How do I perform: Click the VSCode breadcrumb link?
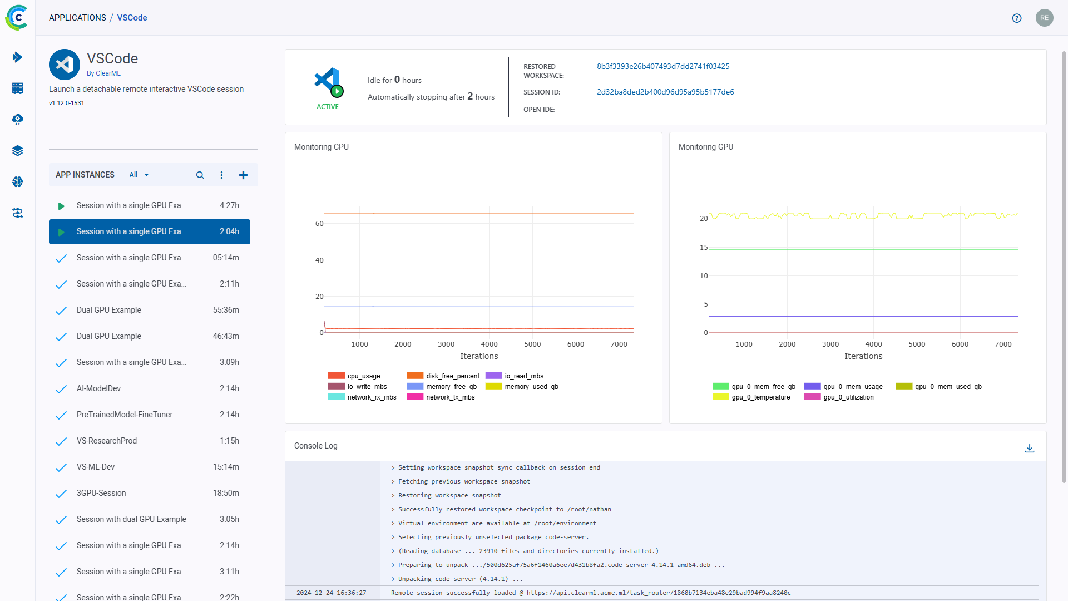(x=132, y=18)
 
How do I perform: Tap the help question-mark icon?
(x=1017, y=18)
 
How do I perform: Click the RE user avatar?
(x=1044, y=18)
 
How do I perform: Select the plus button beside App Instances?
(x=243, y=175)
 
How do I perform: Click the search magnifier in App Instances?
(x=200, y=175)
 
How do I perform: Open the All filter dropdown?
(x=139, y=175)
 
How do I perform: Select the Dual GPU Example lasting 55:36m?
(x=109, y=310)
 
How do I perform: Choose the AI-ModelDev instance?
(x=98, y=388)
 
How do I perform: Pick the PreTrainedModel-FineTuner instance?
(x=125, y=415)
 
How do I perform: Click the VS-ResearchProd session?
(x=107, y=441)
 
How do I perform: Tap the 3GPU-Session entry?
(x=101, y=493)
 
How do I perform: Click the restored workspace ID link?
(x=663, y=66)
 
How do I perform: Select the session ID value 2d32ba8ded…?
(x=665, y=92)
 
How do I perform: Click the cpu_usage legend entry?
(x=363, y=376)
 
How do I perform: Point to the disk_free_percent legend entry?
(x=452, y=376)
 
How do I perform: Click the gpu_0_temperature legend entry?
(x=760, y=397)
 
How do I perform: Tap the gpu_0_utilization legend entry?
(x=848, y=397)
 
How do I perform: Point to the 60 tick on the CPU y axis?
(x=319, y=224)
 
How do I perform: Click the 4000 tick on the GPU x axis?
(x=873, y=344)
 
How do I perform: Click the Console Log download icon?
(x=1030, y=448)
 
